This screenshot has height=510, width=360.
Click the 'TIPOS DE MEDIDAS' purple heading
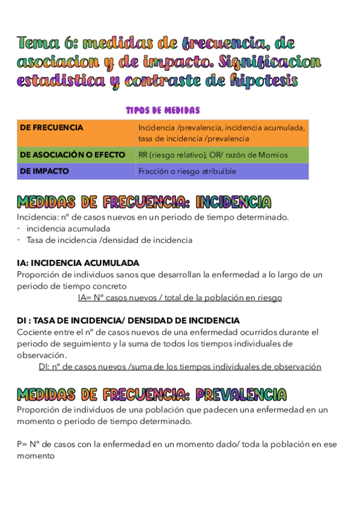(x=162, y=110)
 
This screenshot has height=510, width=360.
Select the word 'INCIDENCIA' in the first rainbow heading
(x=233, y=202)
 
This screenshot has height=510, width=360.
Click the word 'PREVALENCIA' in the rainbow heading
(x=241, y=395)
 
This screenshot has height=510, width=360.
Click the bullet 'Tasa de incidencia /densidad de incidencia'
(x=109, y=240)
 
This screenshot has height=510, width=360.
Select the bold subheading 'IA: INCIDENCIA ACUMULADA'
(x=78, y=263)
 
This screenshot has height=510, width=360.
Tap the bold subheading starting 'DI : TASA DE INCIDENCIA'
(x=128, y=321)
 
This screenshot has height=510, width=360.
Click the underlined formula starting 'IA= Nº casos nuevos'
(x=180, y=298)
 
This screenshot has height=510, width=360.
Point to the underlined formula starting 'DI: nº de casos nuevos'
(x=180, y=366)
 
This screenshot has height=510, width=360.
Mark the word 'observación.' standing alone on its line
(x=41, y=355)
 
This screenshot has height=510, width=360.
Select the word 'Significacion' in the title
(x=270, y=62)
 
